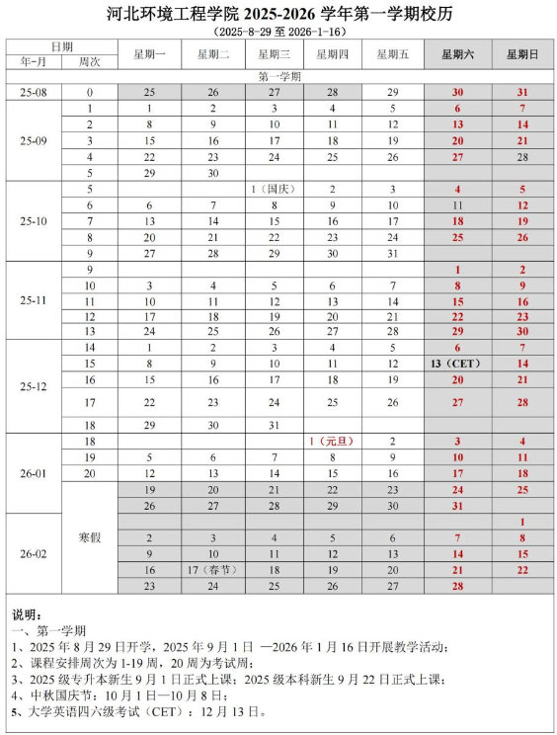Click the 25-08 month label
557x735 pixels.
(x=33, y=91)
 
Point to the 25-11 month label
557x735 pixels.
(x=33, y=300)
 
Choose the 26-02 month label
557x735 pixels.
(x=33, y=554)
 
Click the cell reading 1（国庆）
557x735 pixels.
(x=273, y=189)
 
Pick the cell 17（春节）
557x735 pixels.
(x=210, y=570)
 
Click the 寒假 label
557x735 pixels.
(x=90, y=537)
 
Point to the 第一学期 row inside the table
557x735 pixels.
(x=279, y=75)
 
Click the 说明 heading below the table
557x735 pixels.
(x=28, y=614)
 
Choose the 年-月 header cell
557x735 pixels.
(x=33, y=61)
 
